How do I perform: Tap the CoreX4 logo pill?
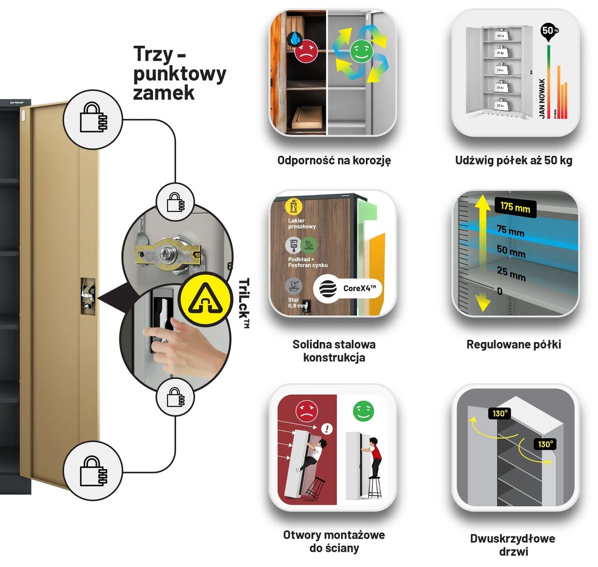point(348,288)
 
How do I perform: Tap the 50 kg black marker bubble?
point(547,31)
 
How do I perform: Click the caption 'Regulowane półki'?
point(514,344)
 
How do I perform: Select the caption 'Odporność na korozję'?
point(334,160)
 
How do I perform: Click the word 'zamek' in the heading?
point(164,92)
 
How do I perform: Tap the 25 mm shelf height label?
point(509,273)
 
